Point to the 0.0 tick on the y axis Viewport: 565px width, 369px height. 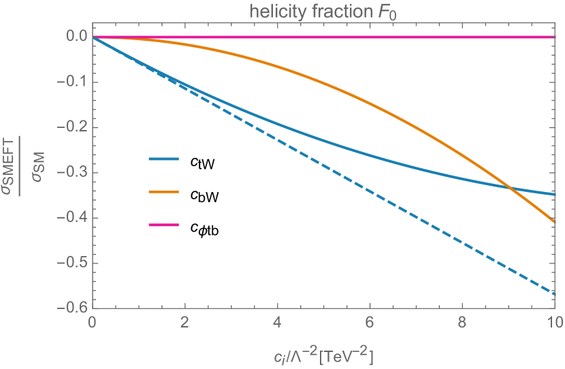pyautogui.click(x=71, y=37)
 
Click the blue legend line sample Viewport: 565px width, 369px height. pyautogui.click(x=163, y=159)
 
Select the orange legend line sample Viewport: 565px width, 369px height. pyautogui.click(x=163, y=192)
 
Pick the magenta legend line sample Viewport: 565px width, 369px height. pyautogui.click(x=163, y=225)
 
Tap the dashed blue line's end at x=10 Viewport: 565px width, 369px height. pyautogui.click(x=555, y=294)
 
